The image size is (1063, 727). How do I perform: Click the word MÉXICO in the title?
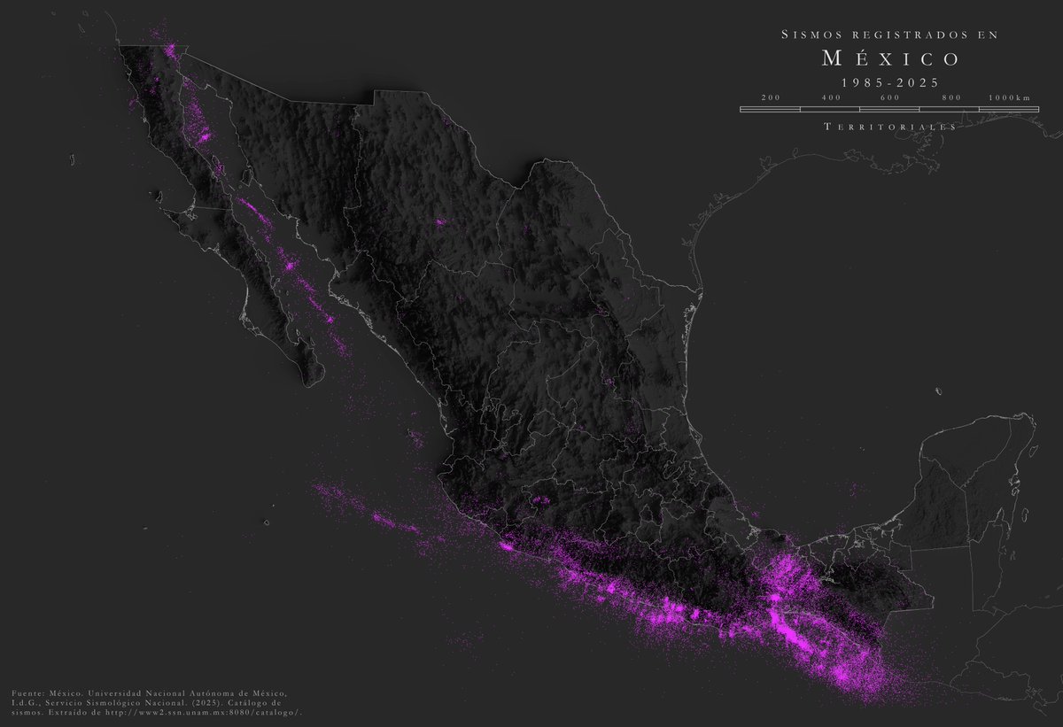[890, 59]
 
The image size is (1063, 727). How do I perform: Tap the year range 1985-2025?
[890, 81]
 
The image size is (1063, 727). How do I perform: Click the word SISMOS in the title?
[809, 35]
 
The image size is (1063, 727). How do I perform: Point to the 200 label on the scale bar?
[770, 97]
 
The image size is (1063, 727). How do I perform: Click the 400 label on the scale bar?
[831, 97]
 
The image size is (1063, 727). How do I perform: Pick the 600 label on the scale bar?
[891, 97]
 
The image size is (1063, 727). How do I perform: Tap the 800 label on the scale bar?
[951, 97]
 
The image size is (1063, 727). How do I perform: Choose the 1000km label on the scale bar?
[1011, 97]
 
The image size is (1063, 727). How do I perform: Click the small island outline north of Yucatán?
[937, 390]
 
